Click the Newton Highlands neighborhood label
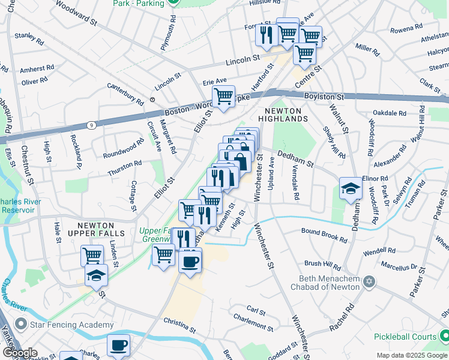point(286,114)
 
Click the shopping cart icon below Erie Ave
point(224,96)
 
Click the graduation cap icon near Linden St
point(96,276)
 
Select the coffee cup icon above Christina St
point(190,262)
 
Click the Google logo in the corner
point(20,353)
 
